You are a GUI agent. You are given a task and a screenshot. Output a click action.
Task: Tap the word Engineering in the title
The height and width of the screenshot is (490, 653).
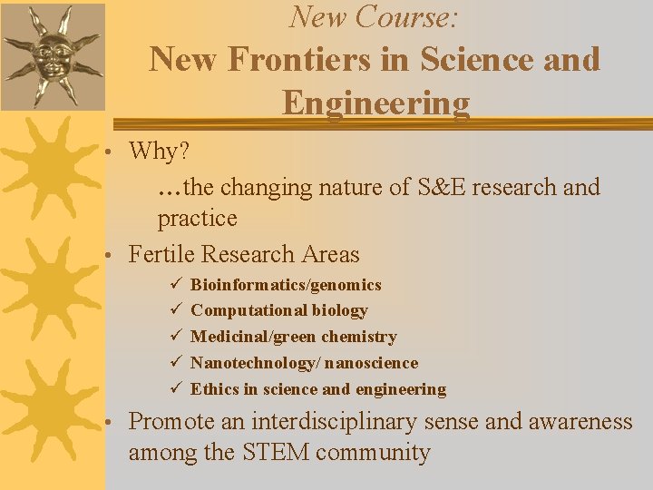click(375, 103)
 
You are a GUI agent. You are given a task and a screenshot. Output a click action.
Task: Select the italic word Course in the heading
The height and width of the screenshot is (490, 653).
click(405, 16)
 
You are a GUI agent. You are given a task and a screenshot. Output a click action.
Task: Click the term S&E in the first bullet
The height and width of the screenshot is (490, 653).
click(440, 188)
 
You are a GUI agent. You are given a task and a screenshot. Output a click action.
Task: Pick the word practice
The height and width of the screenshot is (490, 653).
click(197, 219)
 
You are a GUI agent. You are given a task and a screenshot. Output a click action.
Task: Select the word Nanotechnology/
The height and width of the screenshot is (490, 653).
click(255, 363)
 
